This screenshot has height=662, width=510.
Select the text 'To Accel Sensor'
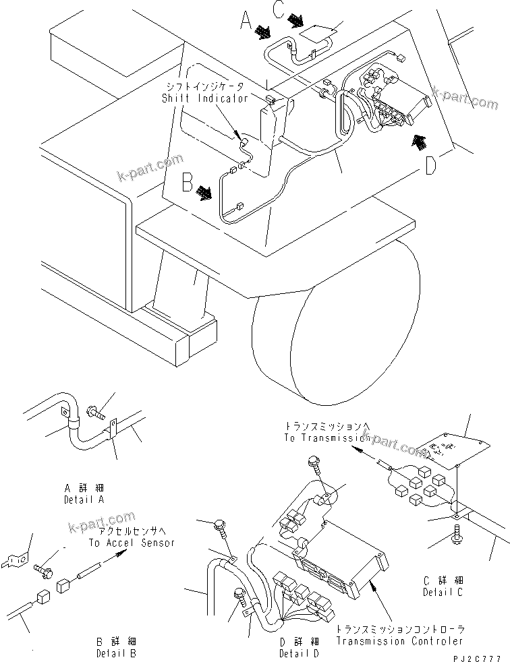coord(131,543)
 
